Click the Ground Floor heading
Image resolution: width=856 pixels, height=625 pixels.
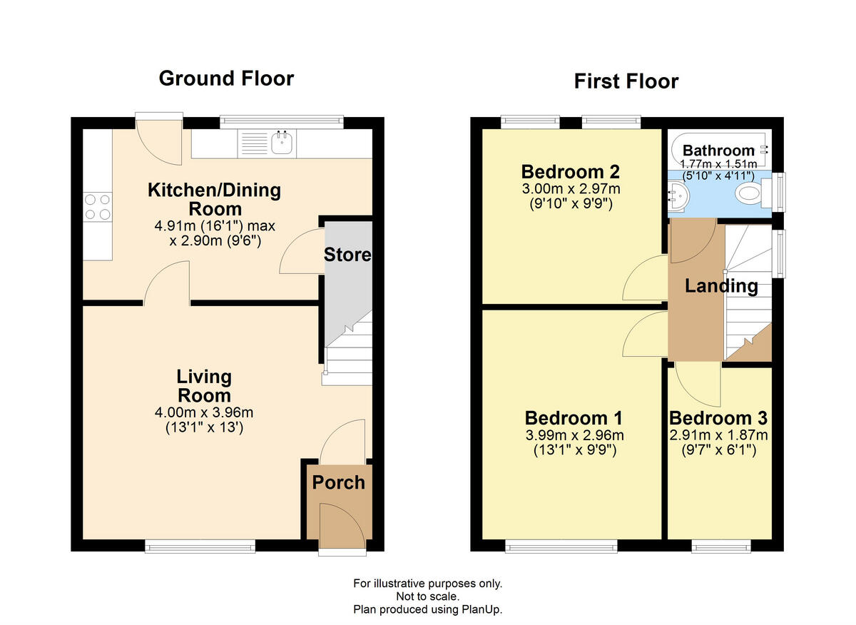click(x=226, y=78)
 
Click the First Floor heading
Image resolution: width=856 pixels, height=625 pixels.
click(x=626, y=81)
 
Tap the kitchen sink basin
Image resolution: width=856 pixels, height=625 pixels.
click(x=282, y=143)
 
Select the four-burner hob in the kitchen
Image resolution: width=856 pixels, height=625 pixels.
click(x=98, y=207)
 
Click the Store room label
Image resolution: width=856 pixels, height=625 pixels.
click(x=347, y=255)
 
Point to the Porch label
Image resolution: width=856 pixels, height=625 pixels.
click(x=339, y=482)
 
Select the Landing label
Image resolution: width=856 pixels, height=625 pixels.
click(x=721, y=286)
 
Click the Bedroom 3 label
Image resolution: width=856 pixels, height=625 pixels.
click(x=718, y=418)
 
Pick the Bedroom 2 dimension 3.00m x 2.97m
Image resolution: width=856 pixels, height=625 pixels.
click(x=571, y=189)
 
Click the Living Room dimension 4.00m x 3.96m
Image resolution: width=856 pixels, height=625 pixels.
click(x=204, y=412)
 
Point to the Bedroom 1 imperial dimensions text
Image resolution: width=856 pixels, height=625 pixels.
click(x=575, y=450)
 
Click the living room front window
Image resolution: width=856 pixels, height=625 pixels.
click(x=200, y=547)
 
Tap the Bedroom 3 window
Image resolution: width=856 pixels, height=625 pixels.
click(x=721, y=547)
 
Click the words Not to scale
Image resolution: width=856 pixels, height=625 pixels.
click(x=427, y=596)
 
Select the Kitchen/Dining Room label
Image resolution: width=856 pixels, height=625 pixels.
click(x=215, y=200)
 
